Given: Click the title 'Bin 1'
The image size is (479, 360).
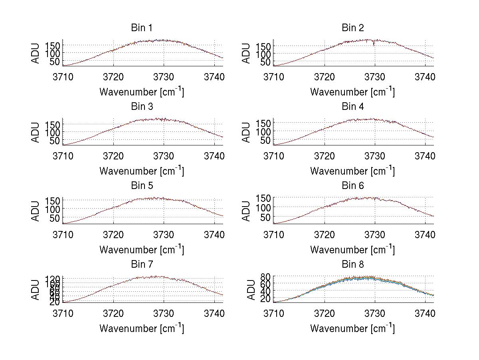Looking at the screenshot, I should (142, 28).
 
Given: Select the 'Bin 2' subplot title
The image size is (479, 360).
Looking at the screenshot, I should (353, 28).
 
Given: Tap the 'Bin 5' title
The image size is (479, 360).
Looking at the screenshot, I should (142, 186).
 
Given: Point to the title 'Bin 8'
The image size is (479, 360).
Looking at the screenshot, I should (353, 265).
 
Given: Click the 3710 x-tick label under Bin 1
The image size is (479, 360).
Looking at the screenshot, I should (63, 77).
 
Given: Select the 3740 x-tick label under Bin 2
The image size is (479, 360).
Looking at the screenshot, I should (425, 77).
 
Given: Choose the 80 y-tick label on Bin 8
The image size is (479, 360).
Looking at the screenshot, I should (266, 276).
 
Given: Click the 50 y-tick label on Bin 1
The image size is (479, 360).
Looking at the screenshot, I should (55, 62).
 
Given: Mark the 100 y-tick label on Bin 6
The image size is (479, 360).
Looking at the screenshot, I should (263, 207).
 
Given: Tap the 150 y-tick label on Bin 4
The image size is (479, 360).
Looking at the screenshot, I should (263, 123).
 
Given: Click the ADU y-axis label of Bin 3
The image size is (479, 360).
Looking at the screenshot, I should (36, 132).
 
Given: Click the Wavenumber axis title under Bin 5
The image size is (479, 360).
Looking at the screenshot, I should (142, 250).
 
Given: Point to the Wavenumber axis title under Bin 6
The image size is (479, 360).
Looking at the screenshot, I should (352, 250).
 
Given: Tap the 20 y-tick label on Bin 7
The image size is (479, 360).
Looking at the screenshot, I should (55, 302).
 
